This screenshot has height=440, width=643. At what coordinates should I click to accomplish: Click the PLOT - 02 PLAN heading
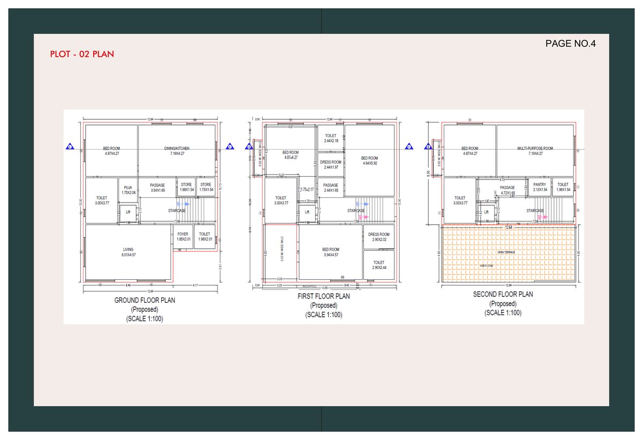[82, 54]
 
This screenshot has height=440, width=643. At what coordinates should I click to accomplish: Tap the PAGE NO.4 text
[571, 44]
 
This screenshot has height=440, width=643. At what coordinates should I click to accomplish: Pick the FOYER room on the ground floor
[182, 236]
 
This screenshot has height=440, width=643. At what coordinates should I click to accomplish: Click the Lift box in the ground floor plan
[128, 212]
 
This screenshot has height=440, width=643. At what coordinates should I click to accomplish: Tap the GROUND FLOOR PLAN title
[145, 300]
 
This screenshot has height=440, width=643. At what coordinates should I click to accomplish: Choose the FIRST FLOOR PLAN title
[324, 296]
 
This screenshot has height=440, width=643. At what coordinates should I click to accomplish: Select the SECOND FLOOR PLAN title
[503, 294]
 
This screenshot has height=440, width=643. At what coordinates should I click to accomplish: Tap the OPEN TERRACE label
[506, 252]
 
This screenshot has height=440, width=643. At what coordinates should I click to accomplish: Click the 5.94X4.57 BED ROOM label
[331, 252]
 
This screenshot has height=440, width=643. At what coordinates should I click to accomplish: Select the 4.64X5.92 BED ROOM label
[369, 161]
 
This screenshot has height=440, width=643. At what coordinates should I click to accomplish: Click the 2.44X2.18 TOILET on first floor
[330, 138]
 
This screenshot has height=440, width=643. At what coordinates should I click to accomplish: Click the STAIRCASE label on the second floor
[535, 211]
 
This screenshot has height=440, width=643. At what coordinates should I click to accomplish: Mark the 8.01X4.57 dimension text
[128, 255]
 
